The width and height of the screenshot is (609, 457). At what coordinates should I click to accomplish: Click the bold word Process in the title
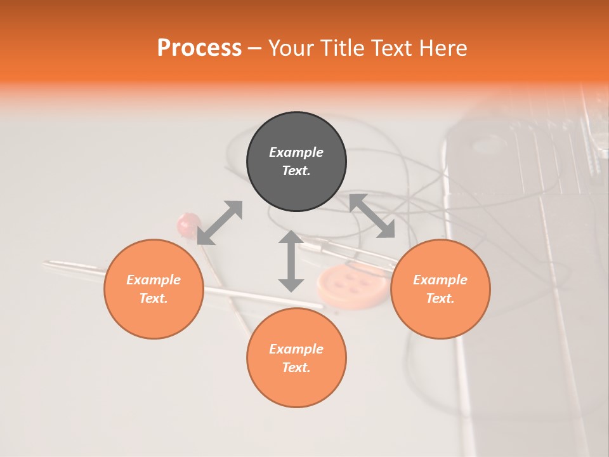tap(199, 48)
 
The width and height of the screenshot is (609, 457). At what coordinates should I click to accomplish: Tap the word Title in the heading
tap(341, 48)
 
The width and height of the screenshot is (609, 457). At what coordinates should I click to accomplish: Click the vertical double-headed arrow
tap(291, 261)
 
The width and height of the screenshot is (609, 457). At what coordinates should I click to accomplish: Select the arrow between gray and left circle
tap(219, 222)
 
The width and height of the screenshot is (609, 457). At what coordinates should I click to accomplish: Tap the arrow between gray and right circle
tap(372, 216)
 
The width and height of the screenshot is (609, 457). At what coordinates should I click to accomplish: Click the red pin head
tap(188, 223)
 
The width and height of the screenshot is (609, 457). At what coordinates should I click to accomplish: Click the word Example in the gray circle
tap(296, 152)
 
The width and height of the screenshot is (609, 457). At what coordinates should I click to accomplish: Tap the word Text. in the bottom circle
tap(296, 368)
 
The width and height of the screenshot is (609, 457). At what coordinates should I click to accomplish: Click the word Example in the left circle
tap(154, 280)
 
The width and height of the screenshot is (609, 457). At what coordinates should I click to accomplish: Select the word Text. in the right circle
tap(440, 298)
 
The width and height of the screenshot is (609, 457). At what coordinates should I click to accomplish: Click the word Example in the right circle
tap(440, 280)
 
